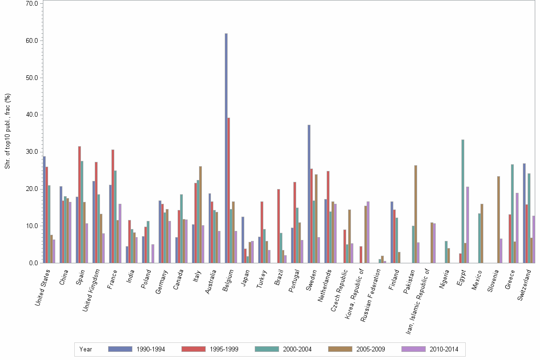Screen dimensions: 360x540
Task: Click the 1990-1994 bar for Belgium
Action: [x=226, y=148]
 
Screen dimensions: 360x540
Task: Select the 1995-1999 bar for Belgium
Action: [x=229, y=190]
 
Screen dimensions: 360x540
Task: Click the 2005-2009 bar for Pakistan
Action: [x=416, y=214]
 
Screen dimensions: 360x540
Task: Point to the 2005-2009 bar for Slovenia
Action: [x=499, y=220]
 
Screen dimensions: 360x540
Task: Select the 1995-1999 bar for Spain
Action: [x=80, y=205]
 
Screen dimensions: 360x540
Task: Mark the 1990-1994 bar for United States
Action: [x=44, y=210]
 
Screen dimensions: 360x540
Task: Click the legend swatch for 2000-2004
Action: [x=267, y=349]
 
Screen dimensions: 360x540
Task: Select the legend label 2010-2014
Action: [x=443, y=350]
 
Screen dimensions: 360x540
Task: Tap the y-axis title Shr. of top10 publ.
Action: [x=8, y=130]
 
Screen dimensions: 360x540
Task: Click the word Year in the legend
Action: [x=86, y=350]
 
